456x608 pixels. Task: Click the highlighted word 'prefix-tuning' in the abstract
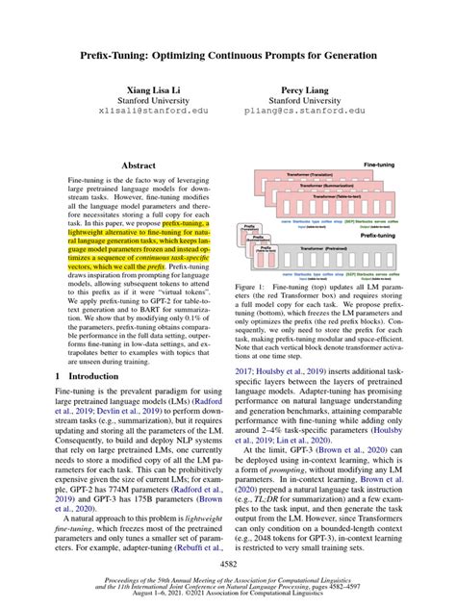pos(186,222)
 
